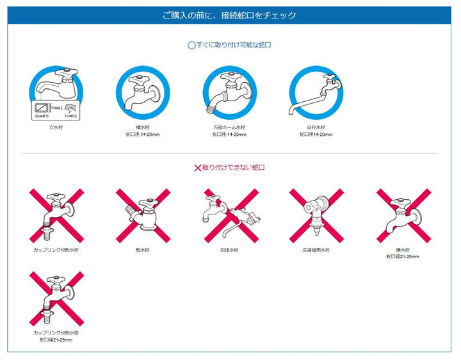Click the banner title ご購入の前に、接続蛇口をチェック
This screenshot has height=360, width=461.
pos(230,15)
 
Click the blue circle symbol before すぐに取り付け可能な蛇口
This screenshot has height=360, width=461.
pos(191,45)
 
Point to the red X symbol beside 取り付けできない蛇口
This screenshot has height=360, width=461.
pos(197,168)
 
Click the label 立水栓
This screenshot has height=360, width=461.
pos(56,127)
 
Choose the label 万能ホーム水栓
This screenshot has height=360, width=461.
pos(229,127)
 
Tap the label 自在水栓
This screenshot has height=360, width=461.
pos(316,127)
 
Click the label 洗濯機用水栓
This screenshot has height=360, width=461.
pos(316,250)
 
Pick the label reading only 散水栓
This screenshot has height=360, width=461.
pos(143,250)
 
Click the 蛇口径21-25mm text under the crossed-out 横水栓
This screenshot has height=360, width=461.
pos(403,256)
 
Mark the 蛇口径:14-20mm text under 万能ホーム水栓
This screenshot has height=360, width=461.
pos(229,135)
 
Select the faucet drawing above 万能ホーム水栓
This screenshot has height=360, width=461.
pos(229,93)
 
